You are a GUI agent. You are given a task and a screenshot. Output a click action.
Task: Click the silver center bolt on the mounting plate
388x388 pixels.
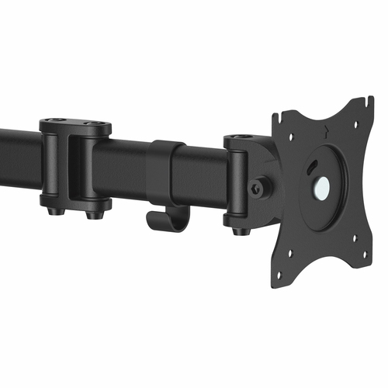coord(320,186)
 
